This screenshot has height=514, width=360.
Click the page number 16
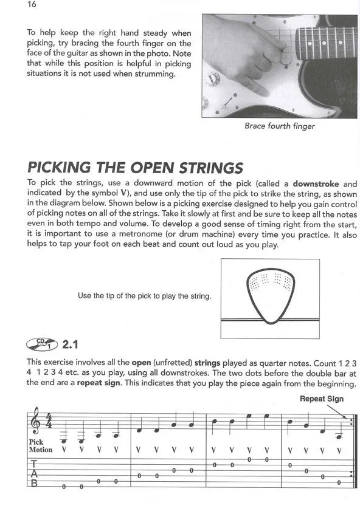click(x=32, y=5)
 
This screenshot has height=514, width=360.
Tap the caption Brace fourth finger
click(x=279, y=126)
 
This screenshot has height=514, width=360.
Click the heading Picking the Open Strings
click(x=135, y=168)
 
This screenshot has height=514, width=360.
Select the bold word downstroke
click(x=316, y=183)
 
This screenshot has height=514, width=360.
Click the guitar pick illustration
click(x=271, y=296)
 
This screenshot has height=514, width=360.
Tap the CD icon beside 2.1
click(x=42, y=344)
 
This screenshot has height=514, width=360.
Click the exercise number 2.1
click(x=70, y=344)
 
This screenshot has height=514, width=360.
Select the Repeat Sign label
click(x=322, y=399)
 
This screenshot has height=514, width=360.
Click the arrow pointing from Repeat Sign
click(x=337, y=412)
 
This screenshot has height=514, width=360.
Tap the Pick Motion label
click(x=40, y=446)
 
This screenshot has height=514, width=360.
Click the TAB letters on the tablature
click(x=34, y=474)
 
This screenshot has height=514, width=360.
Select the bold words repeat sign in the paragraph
click(x=98, y=383)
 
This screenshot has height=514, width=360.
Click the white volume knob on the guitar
click(x=210, y=78)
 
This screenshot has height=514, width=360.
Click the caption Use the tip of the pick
click(x=144, y=296)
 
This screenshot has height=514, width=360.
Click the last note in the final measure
click(x=339, y=436)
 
